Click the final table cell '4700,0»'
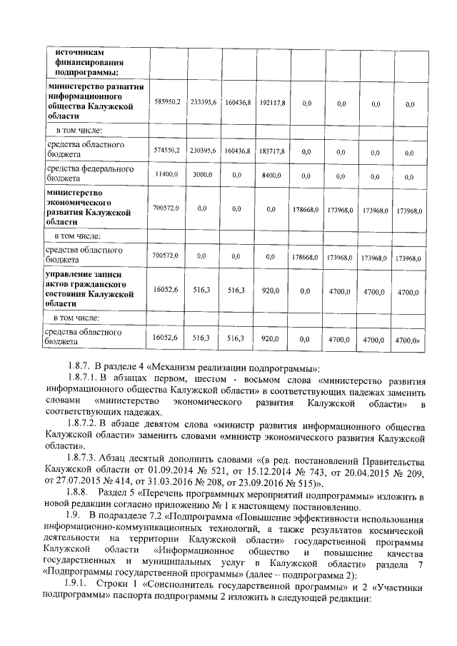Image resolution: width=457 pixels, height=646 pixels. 408,340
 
